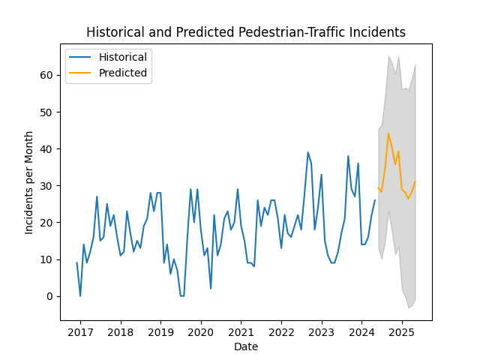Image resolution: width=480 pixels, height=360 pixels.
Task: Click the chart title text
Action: [246, 32]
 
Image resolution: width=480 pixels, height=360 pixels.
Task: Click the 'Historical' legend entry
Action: [122, 57]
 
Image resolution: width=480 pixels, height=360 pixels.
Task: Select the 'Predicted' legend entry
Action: [122, 73]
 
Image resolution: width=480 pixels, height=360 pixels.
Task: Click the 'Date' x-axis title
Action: [246, 346]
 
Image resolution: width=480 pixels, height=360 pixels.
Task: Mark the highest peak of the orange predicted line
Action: [388, 133]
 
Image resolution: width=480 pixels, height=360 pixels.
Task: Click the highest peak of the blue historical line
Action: [307, 152]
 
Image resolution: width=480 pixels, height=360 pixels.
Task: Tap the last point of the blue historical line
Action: [375, 200]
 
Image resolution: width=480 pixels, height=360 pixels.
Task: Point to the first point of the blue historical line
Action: [77, 262]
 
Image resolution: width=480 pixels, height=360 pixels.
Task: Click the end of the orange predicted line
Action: [415, 181]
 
